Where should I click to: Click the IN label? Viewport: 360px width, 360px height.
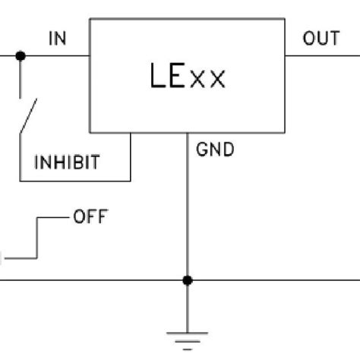click(x=58, y=38)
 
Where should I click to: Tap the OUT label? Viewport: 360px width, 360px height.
click(x=321, y=38)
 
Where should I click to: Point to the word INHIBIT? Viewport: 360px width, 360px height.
click(x=67, y=163)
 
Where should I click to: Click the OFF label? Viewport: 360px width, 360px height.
click(x=90, y=218)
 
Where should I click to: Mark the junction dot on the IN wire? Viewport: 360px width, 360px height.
click(x=21, y=55)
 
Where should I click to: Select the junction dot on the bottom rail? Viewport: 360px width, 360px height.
click(x=188, y=280)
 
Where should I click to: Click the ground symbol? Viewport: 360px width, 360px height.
click(x=188, y=338)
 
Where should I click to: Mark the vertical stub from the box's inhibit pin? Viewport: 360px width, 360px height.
click(x=130, y=156)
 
